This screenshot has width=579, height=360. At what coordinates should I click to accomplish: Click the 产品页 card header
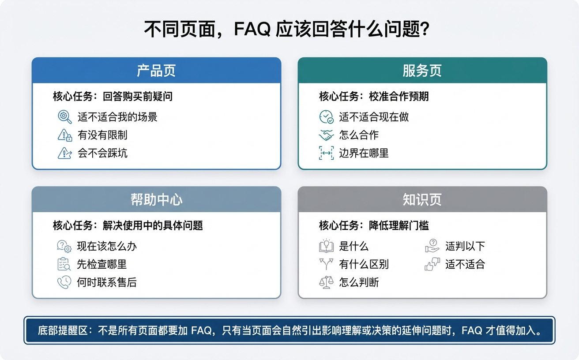click(x=156, y=71)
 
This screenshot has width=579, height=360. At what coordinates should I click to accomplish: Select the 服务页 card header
click(x=422, y=71)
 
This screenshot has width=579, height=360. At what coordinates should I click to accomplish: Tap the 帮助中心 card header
click(x=156, y=200)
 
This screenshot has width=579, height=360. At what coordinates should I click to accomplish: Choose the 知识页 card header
click(x=422, y=200)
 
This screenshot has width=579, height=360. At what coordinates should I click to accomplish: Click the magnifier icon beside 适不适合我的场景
click(x=65, y=117)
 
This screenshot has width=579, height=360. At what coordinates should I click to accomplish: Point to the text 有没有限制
click(x=102, y=135)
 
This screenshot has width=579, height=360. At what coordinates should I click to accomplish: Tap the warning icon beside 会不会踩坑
click(x=65, y=153)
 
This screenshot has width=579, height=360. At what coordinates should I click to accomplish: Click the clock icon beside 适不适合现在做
click(x=326, y=117)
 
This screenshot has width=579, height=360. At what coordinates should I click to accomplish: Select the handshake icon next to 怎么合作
click(x=326, y=135)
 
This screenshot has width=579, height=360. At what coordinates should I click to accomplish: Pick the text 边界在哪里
click(x=364, y=153)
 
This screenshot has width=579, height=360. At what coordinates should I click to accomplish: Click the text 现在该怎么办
click(x=107, y=246)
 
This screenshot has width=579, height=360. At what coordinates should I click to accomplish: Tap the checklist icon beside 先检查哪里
click(x=64, y=264)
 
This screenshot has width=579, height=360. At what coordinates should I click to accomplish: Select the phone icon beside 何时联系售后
click(x=64, y=282)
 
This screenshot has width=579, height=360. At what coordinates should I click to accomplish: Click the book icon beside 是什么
click(x=326, y=246)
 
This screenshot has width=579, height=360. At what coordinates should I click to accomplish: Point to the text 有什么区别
click(x=364, y=264)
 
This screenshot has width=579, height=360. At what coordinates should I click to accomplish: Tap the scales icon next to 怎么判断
click(x=326, y=282)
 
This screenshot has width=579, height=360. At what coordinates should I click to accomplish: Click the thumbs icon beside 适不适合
click(x=432, y=264)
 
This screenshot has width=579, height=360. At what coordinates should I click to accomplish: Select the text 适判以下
click(x=465, y=246)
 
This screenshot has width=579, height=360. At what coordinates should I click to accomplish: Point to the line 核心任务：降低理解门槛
click(x=374, y=225)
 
